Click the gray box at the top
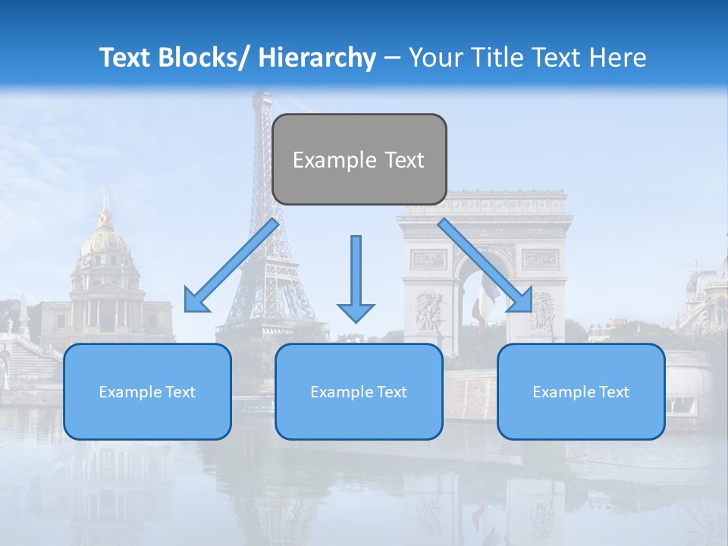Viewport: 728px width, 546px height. point(359,159)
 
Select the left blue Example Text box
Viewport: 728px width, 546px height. point(147,391)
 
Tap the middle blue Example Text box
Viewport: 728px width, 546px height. point(358,391)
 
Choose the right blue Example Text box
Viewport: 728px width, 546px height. point(581,391)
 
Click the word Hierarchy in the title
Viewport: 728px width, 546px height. point(317,58)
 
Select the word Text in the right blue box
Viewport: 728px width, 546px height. point(613,391)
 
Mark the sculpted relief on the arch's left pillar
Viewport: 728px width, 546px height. point(430,311)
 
